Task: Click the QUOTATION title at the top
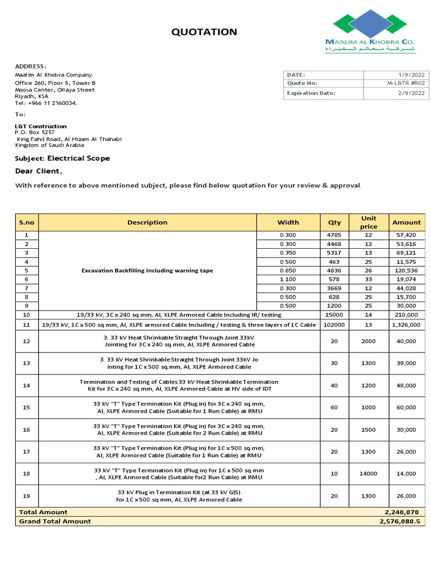pos(204,32)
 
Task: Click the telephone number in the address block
pos(46,103)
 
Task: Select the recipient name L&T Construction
pos(40,126)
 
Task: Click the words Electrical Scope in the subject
pos(79,158)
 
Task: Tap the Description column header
pos(147,222)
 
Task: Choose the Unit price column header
pos(368,222)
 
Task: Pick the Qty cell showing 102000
pos(334,325)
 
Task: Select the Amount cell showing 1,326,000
pos(406,325)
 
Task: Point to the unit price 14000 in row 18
pos(368,473)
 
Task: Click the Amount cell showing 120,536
pos(406,270)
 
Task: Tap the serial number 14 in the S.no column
pos(26,385)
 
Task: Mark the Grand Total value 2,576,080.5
pos(400,521)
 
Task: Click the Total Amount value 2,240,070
pos(402,512)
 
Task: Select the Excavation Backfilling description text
pos(147,270)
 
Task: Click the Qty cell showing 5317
pos(334,253)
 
